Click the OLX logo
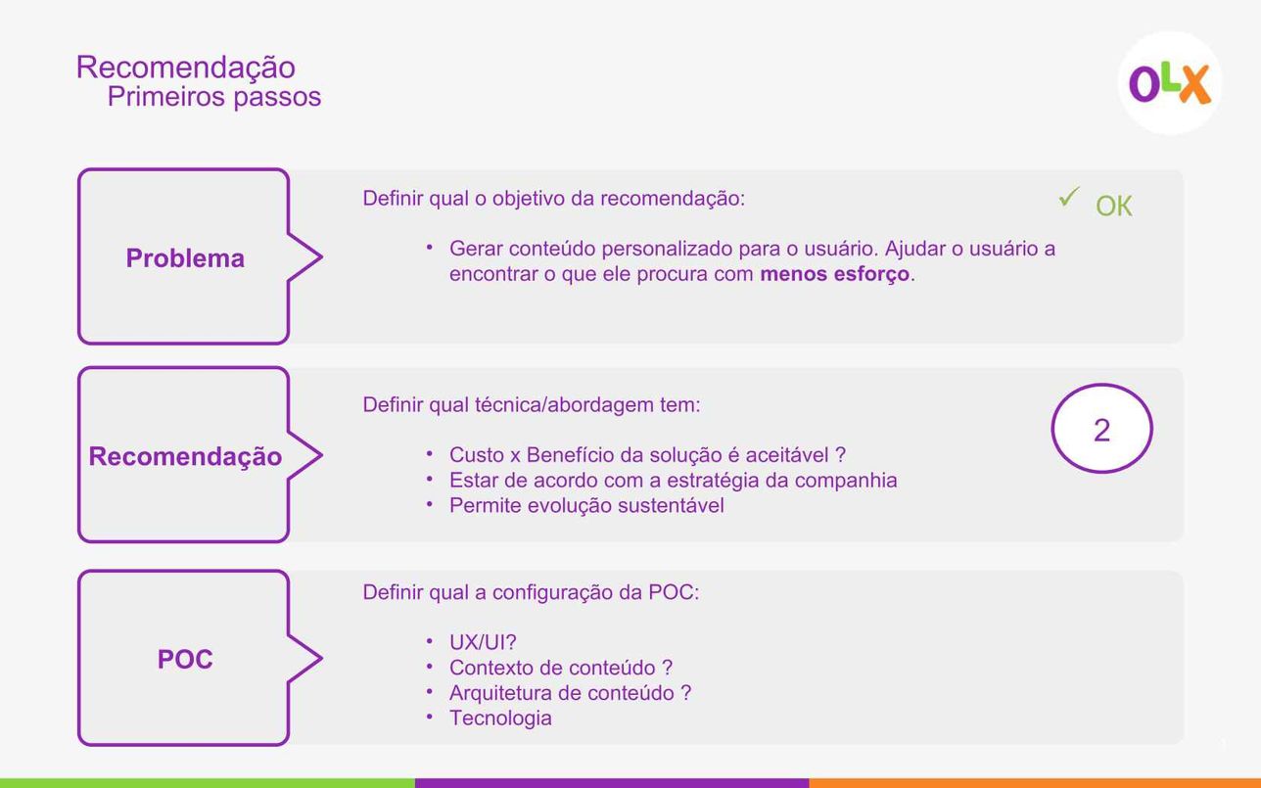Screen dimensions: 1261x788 point(1170,83)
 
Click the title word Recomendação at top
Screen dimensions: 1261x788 point(186,68)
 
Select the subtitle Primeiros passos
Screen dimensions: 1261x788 point(213,97)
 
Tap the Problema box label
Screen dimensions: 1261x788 point(185,258)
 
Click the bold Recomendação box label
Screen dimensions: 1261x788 point(185,456)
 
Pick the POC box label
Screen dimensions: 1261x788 point(185,659)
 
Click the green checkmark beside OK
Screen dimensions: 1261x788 point(1068,197)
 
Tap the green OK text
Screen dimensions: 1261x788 point(1113,206)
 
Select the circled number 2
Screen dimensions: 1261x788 point(1101,430)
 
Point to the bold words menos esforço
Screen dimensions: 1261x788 point(835,274)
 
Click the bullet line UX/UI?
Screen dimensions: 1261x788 point(483,642)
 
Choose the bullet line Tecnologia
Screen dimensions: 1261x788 point(500,718)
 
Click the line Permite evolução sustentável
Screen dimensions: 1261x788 point(586,505)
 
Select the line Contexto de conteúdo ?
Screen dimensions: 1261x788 point(561,668)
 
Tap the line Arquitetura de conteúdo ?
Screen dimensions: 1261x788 point(570,693)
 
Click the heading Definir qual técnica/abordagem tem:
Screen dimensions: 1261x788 point(532,404)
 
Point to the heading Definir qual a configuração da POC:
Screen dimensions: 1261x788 point(531,592)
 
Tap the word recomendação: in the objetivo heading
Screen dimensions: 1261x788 point(673,199)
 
